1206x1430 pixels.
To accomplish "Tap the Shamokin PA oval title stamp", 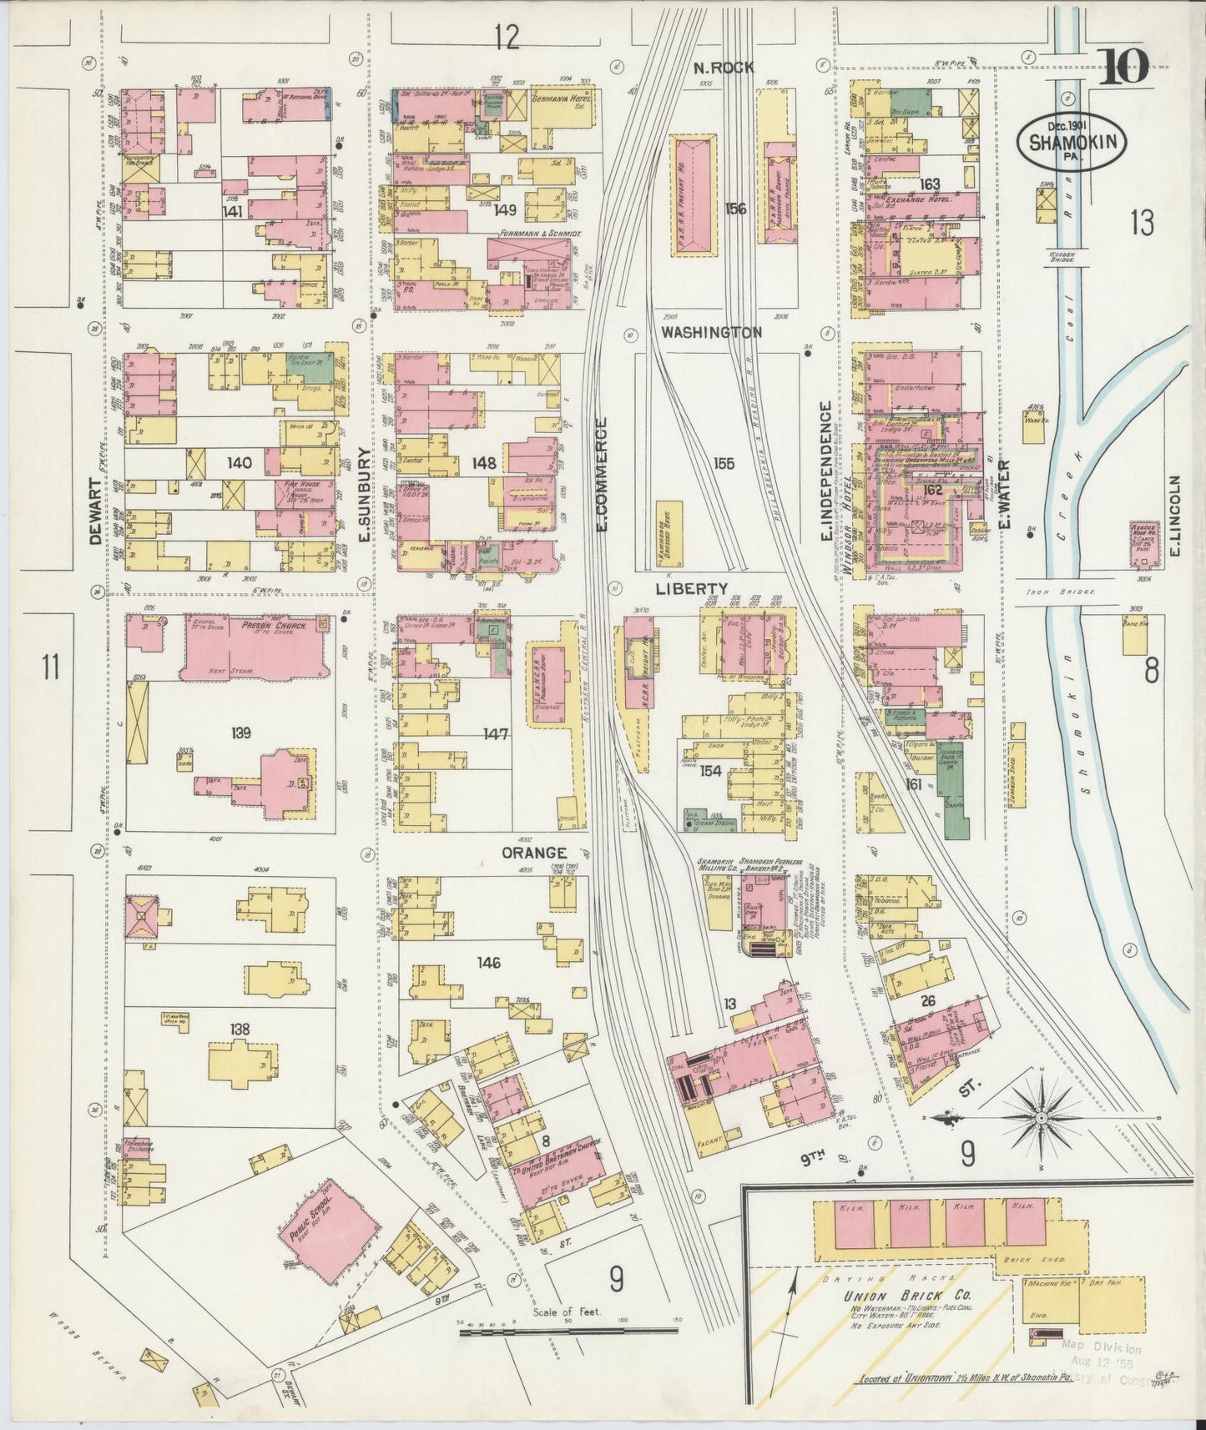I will (1071, 142).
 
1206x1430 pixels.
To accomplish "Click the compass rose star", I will (1042, 1116).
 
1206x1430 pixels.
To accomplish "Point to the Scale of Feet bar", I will (568, 1332).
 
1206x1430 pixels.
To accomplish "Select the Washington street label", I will (711, 332).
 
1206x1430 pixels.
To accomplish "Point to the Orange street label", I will (534, 853).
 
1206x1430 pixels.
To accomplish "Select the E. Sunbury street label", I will (364, 495).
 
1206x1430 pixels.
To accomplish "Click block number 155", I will (724, 464).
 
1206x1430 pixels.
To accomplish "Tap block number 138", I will (240, 1029).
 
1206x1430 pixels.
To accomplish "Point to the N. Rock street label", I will (724, 68).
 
